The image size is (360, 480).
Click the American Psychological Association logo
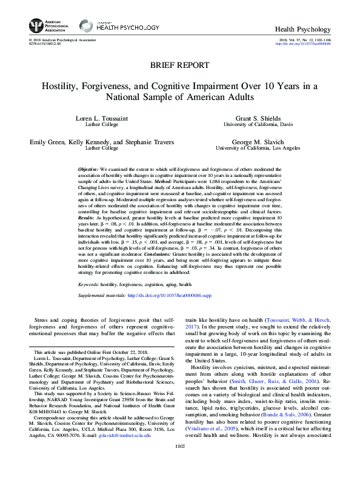tap(45, 26)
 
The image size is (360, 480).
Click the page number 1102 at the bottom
tap(179, 462)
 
